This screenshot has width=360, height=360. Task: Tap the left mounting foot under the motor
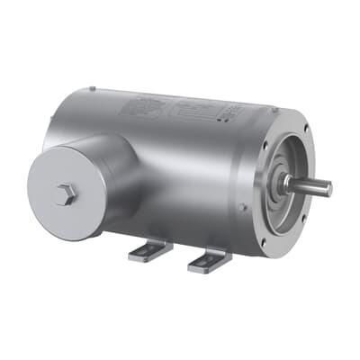(149, 249)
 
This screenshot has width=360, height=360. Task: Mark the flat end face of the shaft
(328, 189)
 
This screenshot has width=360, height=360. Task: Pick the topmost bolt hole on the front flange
(290, 121)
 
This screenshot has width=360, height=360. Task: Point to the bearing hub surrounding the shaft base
(284, 184)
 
